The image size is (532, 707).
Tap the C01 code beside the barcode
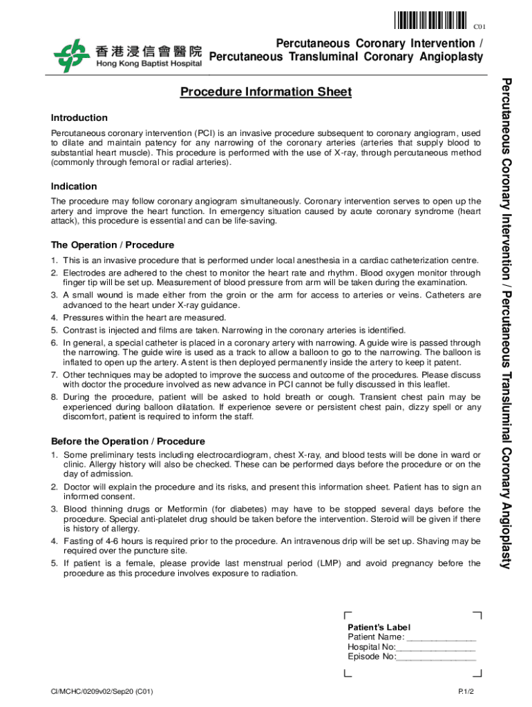point(479,27)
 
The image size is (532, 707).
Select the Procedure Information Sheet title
point(266,92)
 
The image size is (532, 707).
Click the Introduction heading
point(79,117)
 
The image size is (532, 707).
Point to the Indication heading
point(74,186)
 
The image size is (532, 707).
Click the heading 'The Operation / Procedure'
point(113,245)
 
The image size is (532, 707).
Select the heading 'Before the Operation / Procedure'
point(128,441)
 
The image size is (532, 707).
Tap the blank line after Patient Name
point(441,637)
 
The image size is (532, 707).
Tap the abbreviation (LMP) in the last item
point(330,563)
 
